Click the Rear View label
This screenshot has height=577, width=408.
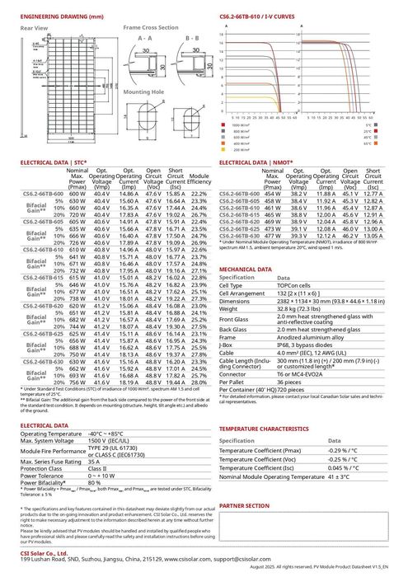coord(34,28)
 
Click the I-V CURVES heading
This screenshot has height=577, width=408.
coord(254,16)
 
